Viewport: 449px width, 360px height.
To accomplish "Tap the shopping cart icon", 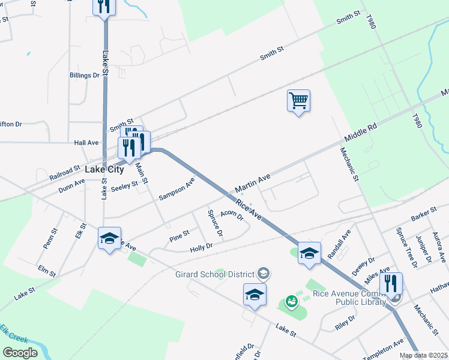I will pos(298,100).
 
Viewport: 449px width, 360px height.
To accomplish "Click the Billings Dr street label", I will pos(84,75).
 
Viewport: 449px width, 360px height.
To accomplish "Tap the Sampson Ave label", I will pos(176,188).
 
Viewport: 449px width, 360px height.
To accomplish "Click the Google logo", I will pos(20,352).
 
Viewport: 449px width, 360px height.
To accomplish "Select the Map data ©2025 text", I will pos(423,355).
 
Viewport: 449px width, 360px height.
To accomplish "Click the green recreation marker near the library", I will pos(292,301).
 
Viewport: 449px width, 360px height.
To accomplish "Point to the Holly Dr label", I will pos(201,247).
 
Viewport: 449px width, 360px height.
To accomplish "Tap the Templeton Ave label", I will pos(383,351).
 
